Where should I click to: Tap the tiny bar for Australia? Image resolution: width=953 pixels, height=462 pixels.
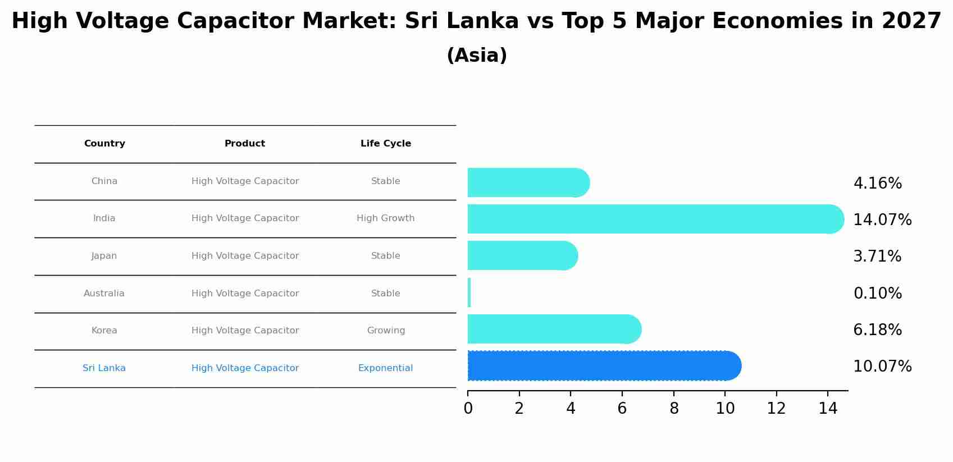tap(469, 292)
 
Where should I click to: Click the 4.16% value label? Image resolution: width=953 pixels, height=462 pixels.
tap(877, 184)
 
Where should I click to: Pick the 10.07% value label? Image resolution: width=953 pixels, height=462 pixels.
tap(882, 367)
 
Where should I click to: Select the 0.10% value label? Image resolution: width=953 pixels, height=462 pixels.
tap(877, 294)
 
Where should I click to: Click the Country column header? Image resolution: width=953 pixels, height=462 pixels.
tap(104, 144)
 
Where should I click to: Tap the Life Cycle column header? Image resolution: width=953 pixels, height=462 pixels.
tap(386, 144)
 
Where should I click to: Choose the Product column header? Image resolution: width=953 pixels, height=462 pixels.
tap(245, 144)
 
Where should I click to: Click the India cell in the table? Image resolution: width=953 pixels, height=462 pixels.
tap(104, 218)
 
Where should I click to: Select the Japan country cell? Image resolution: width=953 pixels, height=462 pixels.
tap(104, 256)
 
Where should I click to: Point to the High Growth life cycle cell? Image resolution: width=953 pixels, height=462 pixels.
tap(386, 218)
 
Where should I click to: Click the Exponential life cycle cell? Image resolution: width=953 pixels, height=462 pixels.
tap(386, 368)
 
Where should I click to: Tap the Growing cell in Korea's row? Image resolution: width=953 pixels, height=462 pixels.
tap(386, 331)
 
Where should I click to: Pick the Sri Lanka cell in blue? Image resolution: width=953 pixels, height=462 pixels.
tap(104, 368)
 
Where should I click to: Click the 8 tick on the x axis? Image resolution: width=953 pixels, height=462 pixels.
tap(674, 409)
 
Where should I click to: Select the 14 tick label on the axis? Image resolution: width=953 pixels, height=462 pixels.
tap(828, 409)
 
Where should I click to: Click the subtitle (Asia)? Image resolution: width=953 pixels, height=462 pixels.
tap(477, 56)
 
